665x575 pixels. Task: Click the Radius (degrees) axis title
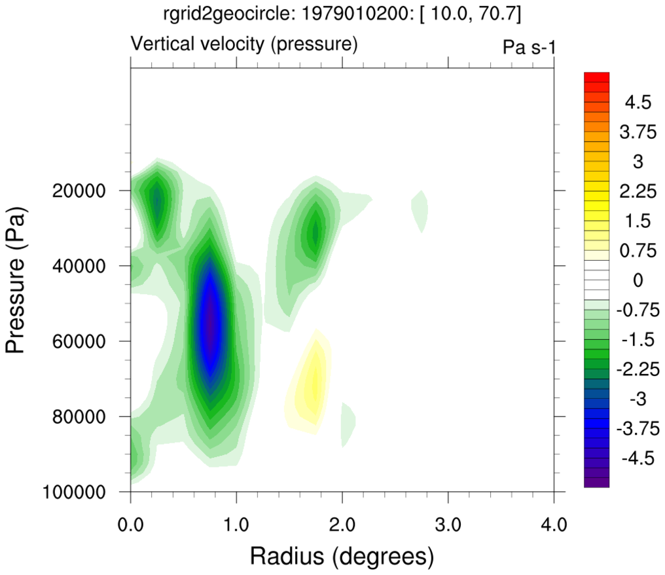(342, 557)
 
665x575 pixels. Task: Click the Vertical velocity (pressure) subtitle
(244, 45)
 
